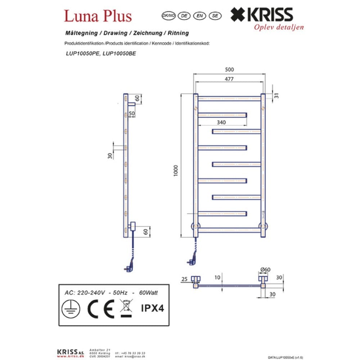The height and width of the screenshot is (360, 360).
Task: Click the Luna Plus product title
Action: (x=98, y=16)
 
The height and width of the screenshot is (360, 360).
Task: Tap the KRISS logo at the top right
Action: (x=261, y=15)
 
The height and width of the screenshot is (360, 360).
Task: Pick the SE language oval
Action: (x=215, y=15)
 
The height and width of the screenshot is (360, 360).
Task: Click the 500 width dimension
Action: (x=229, y=70)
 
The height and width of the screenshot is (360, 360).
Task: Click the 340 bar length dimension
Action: (x=221, y=123)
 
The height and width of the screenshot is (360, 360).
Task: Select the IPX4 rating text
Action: (x=152, y=308)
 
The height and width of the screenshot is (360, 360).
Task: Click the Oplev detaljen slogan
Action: (x=279, y=27)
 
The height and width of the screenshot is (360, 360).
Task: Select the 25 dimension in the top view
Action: (x=184, y=279)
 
